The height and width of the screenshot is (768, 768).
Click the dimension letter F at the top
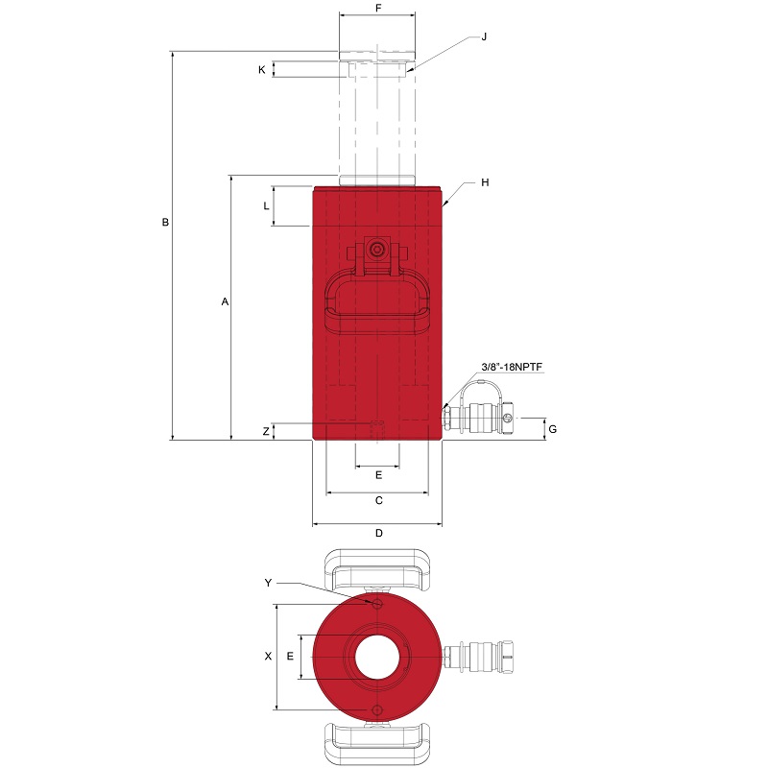tap(378, 9)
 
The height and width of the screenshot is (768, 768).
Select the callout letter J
tap(484, 36)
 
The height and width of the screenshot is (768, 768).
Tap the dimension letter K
tap(261, 70)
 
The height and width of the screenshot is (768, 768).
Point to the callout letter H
tap(485, 182)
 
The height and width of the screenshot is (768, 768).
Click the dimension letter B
tap(165, 223)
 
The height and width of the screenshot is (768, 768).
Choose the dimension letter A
tap(225, 301)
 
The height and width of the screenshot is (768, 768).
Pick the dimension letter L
tap(266, 206)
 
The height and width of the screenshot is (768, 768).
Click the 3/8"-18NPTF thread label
tap(512, 367)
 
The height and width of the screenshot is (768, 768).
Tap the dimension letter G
tap(553, 429)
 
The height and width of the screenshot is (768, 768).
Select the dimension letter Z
tap(266, 431)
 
